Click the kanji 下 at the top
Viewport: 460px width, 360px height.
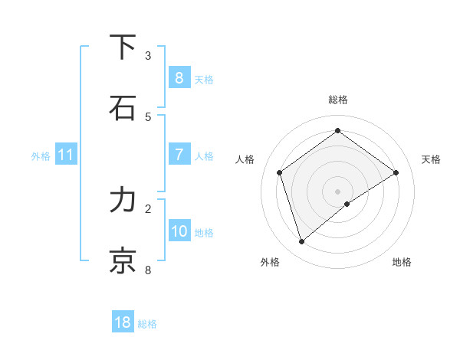pos(123,47)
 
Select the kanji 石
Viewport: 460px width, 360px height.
pos(123,107)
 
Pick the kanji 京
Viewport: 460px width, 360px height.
pos(123,260)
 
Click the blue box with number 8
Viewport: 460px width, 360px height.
pos(179,77)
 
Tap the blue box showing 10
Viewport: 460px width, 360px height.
pos(179,231)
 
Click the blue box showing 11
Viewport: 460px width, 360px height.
pos(66,155)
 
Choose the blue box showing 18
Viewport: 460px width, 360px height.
pos(123,322)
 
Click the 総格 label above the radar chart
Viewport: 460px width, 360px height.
pos(338,100)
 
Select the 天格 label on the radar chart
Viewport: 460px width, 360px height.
pos(431,159)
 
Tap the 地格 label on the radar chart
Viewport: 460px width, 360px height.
pos(402,262)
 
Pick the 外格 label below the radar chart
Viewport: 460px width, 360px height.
pos(270,262)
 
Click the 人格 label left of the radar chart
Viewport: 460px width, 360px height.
pos(245,159)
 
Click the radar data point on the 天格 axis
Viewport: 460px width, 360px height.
pos(396,172)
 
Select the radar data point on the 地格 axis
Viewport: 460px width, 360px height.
pos(347,204)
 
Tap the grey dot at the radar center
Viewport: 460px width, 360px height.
pos(338,191)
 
